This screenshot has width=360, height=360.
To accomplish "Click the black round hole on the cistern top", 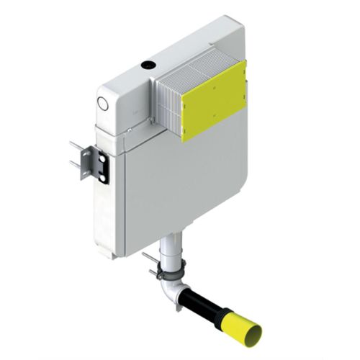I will (148, 65).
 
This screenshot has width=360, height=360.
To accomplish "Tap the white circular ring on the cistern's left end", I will (102, 104).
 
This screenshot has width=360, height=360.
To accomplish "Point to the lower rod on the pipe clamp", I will (153, 272).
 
